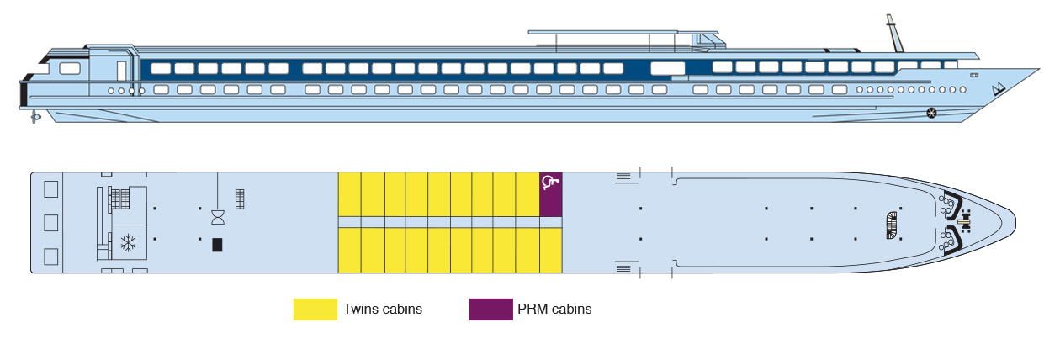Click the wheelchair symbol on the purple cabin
point(550,181)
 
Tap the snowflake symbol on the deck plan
point(129,244)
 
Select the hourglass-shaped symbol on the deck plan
point(218,218)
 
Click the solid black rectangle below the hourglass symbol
point(217,245)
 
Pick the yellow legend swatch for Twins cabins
point(315,310)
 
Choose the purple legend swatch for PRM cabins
point(490,310)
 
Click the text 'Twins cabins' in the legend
point(383,310)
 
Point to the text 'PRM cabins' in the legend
point(556,310)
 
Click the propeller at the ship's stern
point(34,116)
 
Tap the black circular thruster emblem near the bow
point(931,113)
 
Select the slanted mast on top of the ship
point(892,34)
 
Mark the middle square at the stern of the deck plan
point(50,222)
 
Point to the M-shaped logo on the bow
point(999,90)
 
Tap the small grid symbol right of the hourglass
point(240,199)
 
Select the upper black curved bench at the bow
point(951,204)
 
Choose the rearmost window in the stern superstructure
point(70,68)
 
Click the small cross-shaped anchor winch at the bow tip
point(964,222)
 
